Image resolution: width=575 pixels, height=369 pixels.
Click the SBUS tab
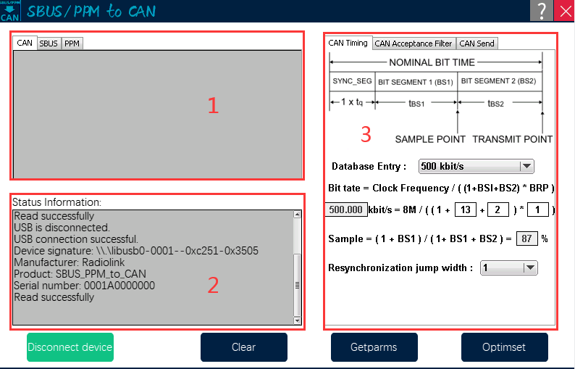pos(49,43)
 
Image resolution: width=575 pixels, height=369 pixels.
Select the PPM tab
pos(72,43)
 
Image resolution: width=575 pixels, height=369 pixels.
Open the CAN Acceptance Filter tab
pos(414,43)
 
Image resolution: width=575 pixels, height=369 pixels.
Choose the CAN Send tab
pos(477,43)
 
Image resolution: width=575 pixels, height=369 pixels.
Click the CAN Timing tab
pos(348,43)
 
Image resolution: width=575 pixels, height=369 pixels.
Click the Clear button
pos(244,347)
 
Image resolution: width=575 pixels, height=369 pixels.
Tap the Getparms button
pos(374,347)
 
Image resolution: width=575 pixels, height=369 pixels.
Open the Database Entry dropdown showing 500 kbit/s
pos(476,166)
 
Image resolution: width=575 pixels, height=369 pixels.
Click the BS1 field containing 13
pos(466,210)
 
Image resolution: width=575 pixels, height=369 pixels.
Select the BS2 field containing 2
pos(498,210)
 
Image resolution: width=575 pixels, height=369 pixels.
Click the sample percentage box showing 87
pos(527,239)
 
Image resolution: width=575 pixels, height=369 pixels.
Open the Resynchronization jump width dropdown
pos(508,268)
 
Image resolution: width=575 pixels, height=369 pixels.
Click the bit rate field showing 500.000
pos(346,210)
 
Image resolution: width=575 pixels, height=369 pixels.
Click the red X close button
pos(565,10)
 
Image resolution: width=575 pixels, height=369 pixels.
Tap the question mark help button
pos(542,10)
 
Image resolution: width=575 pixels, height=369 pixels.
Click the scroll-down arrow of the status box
pos(298,320)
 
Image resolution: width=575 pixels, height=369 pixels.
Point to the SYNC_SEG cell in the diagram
pos(352,81)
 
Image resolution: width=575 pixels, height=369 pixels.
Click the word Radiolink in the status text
pos(104,262)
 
